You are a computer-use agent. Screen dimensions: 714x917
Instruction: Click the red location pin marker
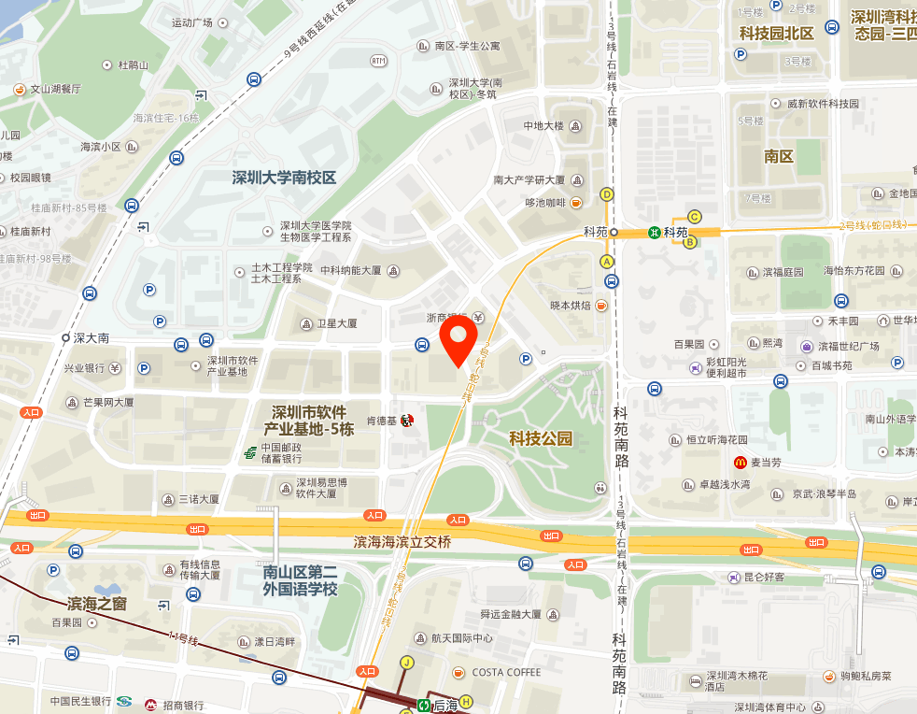pos(458,339)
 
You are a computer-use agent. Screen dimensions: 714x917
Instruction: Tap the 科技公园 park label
pos(541,437)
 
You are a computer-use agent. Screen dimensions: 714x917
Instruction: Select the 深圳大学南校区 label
pos(284,177)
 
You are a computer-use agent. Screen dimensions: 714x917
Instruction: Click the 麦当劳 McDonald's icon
pos(740,463)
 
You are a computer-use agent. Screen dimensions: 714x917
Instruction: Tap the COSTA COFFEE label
pos(506,672)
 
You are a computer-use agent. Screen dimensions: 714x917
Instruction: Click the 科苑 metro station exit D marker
pos(607,194)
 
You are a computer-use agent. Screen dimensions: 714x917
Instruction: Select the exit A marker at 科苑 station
pos(607,262)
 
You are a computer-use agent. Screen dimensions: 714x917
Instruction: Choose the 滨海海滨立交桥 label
pos(402,542)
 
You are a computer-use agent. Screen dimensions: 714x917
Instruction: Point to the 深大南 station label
pos(92,337)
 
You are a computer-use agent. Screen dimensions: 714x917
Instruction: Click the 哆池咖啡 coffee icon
pos(577,202)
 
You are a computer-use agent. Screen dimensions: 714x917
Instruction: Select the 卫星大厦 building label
pos(336,323)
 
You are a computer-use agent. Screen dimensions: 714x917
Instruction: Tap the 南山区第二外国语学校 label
pos(300,581)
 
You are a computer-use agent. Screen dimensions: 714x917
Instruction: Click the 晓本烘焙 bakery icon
pos(601,305)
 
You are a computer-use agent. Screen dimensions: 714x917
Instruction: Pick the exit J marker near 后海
pos(406,663)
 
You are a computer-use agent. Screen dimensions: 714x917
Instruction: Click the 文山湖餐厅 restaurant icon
pos(19,90)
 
